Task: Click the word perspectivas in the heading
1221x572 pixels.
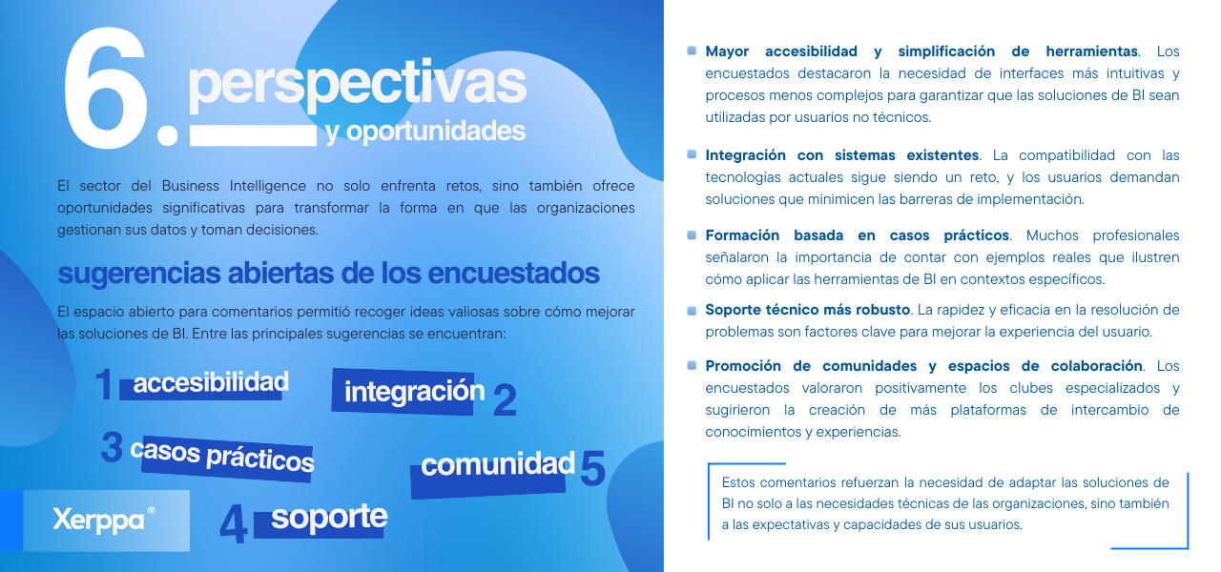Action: [357, 83]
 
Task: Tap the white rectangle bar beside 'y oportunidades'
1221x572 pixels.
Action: [253, 135]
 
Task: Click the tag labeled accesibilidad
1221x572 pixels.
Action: [210, 383]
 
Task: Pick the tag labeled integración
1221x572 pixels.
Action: [407, 392]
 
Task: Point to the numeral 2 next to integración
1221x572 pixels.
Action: [505, 400]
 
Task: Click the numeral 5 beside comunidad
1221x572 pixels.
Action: [592, 468]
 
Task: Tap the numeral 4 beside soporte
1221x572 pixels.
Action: [234, 523]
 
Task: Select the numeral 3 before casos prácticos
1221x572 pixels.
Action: [113, 447]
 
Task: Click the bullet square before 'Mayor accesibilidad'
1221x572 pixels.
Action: [692, 51]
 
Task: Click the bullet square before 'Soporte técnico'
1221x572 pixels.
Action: [692, 311]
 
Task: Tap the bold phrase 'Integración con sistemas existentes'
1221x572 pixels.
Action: [842, 155]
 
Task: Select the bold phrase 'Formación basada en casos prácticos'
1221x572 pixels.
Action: [857, 235]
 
